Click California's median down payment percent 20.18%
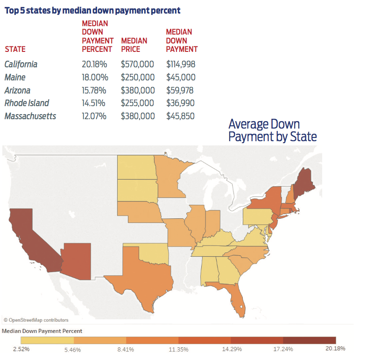tap(95, 65)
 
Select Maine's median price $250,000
tap(137, 78)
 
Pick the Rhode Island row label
tap(27, 103)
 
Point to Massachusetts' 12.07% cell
tap(95, 116)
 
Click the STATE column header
tap(15, 49)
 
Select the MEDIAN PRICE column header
tap(134, 45)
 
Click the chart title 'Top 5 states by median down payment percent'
tap(92, 10)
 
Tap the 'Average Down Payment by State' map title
tap(272, 130)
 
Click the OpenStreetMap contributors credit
tap(36, 320)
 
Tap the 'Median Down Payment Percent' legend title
tap(42, 331)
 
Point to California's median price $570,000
tap(137, 65)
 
